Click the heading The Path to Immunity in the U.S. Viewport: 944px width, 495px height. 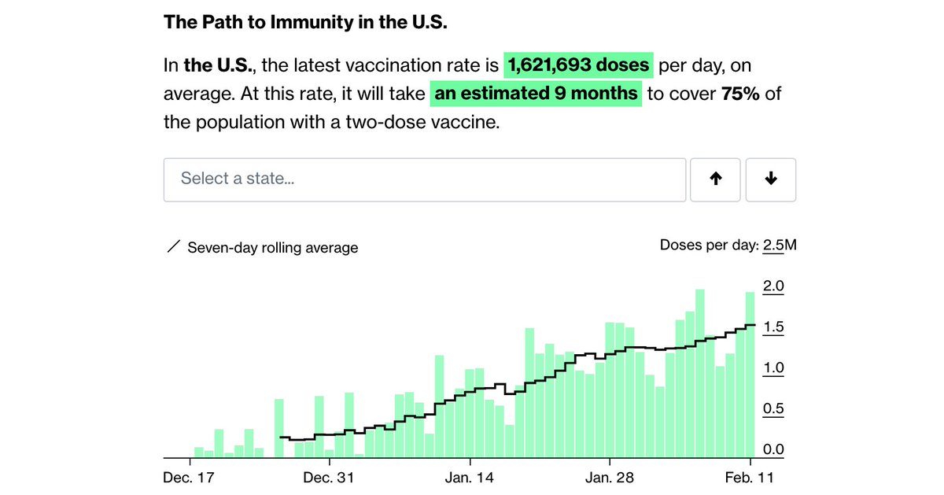pos(305,21)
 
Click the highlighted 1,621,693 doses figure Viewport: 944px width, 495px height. pos(579,65)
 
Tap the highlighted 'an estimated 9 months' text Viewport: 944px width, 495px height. pos(537,93)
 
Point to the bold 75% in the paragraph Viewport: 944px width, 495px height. pos(739,93)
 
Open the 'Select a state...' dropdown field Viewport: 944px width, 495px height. pos(425,179)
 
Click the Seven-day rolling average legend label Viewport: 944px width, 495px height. pos(272,248)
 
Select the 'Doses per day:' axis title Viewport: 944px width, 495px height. pos(709,246)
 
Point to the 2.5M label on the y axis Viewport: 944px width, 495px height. pos(780,246)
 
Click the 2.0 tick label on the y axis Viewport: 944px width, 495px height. pos(774,286)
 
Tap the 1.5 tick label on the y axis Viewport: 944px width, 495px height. pos(774,327)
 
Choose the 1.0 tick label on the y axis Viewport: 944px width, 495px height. pos(774,368)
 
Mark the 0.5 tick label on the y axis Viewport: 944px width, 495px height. pos(774,409)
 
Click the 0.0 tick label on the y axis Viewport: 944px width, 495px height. pos(774,450)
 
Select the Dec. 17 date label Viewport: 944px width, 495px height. pos(190,478)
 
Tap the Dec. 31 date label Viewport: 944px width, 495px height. pos(329,478)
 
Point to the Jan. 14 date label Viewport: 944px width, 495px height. pos(469,478)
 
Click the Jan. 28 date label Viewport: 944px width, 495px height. pos(609,478)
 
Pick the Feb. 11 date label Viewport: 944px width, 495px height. pos(750,478)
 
